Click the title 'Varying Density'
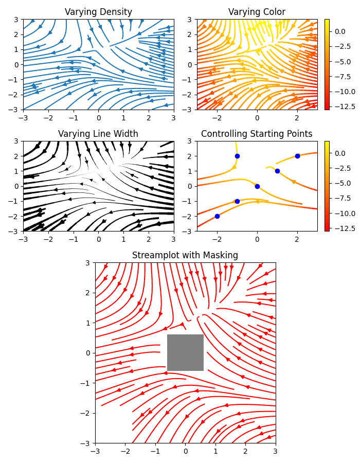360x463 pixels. (98, 12)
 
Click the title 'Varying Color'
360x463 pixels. (257, 12)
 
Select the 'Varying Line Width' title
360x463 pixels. (98, 134)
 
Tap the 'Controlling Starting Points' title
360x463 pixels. (257, 134)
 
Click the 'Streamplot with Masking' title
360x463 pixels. (185, 255)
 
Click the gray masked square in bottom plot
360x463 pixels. (185, 352)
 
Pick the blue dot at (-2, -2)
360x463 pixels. (217, 216)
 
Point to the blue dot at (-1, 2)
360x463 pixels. (237, 156)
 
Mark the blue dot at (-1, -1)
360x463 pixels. (237, 201)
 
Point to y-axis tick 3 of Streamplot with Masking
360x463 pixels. (88, 262)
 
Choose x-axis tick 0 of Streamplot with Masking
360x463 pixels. (185, 451)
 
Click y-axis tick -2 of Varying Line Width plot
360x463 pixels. (15, 216)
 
